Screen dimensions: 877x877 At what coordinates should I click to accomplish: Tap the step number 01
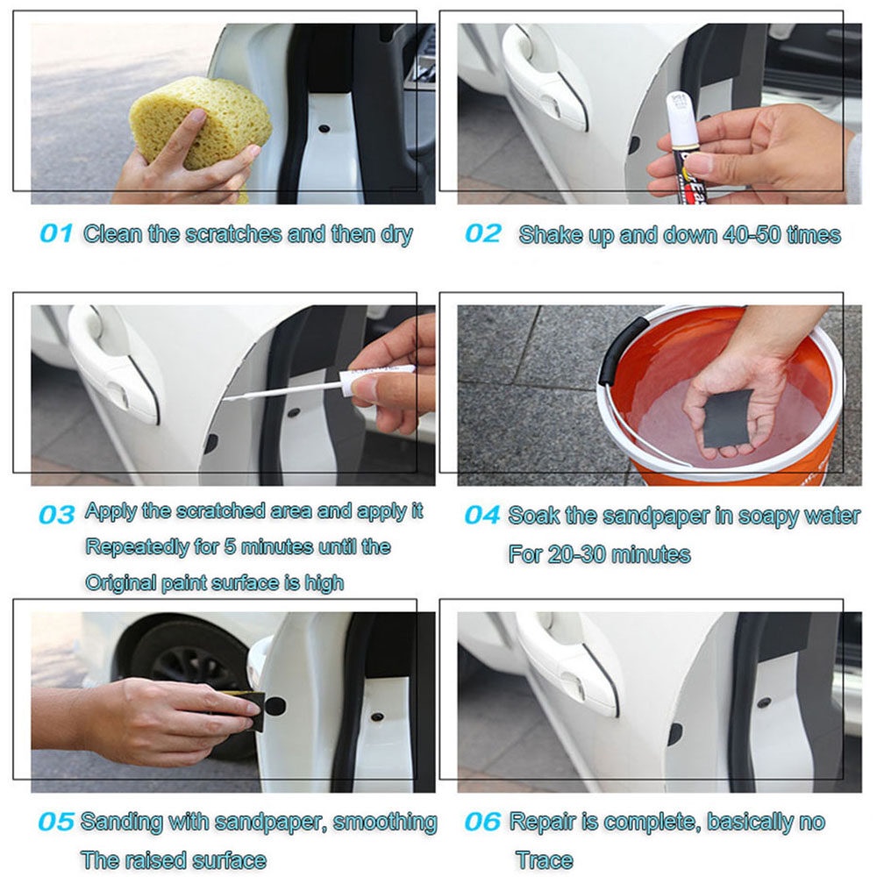coord(56,234)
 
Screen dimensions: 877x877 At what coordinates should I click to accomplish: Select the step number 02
coord(482,234)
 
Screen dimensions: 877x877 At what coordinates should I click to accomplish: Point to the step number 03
coord(56,515)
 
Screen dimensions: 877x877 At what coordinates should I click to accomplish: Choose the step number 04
coord(481,515)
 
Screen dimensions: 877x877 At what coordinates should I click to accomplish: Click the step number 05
coord(55,823)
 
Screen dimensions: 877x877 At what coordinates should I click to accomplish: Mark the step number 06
coord(482,823)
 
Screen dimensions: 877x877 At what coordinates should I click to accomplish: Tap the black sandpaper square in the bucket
coord(726,417)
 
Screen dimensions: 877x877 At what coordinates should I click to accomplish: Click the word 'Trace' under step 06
coord(545,860)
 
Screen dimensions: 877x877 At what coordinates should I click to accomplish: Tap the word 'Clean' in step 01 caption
coord(112,234)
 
